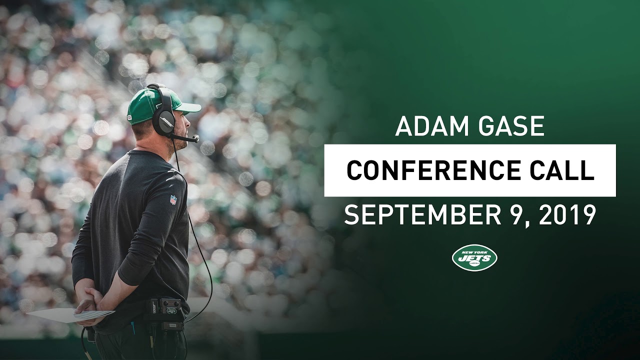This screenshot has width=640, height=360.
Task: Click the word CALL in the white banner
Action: (x=565, y=170)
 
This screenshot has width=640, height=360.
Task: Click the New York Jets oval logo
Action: (x=474, y=258)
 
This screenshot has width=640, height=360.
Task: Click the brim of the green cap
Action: (x=187, y=107)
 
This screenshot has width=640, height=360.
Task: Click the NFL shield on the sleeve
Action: (x=173, y=199)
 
